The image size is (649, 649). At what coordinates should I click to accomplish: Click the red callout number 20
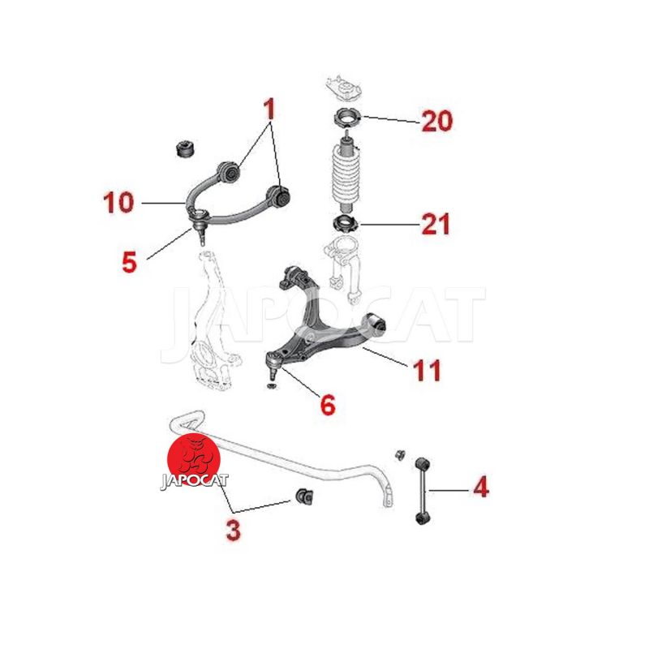pos(437,121)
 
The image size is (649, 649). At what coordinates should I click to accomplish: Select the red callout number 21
pos(436,224)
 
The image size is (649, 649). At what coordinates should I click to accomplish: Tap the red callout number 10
pos(118,202)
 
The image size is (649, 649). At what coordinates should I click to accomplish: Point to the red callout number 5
pos(129,262)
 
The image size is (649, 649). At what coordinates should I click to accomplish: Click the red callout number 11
pos(428,370)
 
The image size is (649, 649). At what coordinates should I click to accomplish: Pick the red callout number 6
pos(328,404)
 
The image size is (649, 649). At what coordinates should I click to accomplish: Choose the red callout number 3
pos(234,531)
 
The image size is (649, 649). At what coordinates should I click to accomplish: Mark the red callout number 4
pos(481,487)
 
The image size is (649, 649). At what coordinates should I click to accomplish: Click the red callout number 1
pos(269,109)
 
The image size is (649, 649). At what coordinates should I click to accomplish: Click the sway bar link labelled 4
pos(422,491)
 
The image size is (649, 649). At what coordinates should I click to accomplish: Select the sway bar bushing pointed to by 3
pos(304,495)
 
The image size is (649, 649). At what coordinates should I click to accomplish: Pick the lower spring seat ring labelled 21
pos(346,224)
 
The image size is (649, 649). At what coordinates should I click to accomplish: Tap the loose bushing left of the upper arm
pos(186,150)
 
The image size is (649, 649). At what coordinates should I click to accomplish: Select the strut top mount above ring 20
pos(344,88)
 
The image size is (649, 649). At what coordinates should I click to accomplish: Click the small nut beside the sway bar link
pos(400,454)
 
